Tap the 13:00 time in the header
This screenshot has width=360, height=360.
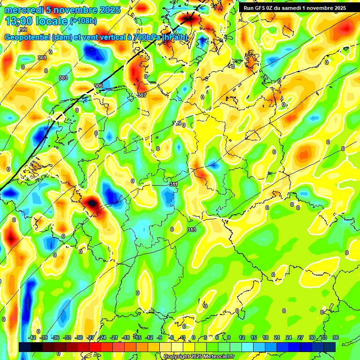click(x=21, y=21)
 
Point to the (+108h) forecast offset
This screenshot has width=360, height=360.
click(x=83, y=21)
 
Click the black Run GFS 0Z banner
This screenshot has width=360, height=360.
click(x=294, y=8)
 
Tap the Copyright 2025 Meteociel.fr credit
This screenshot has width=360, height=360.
click(x=199, y=356)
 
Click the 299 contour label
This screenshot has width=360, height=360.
click(x=22, y=30)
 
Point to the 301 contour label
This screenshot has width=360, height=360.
click(x=42, y=58)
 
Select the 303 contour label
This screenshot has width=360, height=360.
click(x=63, y=78)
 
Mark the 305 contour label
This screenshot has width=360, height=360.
click(x=98, y=86)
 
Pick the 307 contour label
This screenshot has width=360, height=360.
click(x=142, y=95)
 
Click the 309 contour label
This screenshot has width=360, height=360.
click(x=177, y=123)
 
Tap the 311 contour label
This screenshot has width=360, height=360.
click(x=173, y=184)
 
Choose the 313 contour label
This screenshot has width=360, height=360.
click(x=192, y=230)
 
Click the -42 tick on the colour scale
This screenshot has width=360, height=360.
click(x=32, y=337)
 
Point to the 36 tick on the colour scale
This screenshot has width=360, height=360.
click(x=335, y=337)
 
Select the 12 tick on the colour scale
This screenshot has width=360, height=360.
click(x=242, y=337)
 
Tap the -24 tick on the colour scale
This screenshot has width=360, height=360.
click(x=102, y=337)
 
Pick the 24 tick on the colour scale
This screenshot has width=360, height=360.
click(x=288, y=337)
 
